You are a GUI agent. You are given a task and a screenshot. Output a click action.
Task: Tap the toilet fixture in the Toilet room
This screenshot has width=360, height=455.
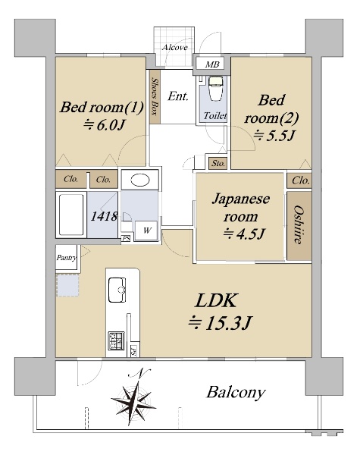215,88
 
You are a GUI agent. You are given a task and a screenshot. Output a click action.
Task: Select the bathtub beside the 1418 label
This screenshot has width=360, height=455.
71,215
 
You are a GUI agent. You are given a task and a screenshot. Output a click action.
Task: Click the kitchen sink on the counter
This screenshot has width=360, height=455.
117,290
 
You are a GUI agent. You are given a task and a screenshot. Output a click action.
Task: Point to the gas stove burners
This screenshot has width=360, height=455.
116,340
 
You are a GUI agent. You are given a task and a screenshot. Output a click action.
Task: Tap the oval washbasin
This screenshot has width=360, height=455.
140,180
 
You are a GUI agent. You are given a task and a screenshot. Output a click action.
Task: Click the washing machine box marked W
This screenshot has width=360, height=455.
146,231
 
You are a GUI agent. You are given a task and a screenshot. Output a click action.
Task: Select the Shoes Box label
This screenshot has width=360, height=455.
155,96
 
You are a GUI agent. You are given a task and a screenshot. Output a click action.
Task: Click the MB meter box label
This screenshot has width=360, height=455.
212,64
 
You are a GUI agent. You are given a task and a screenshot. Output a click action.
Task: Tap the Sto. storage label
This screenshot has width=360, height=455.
218,163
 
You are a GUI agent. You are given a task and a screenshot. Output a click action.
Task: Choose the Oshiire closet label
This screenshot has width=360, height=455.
299,224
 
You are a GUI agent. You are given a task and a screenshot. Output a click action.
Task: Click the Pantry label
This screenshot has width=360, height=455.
67,257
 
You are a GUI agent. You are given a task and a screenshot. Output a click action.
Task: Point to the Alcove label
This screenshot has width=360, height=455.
174,47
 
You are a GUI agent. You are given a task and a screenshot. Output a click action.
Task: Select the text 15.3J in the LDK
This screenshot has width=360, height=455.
227,323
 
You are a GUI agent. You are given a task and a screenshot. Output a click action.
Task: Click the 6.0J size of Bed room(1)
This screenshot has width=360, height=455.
111,125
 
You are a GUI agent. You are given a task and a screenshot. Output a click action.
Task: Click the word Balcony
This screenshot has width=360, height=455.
236,393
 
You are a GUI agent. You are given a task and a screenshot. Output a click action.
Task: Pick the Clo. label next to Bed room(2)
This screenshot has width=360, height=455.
301,180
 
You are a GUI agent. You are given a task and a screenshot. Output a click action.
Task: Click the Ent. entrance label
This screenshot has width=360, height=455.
178,96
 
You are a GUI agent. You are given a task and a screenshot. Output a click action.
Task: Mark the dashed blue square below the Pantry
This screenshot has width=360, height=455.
67,285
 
